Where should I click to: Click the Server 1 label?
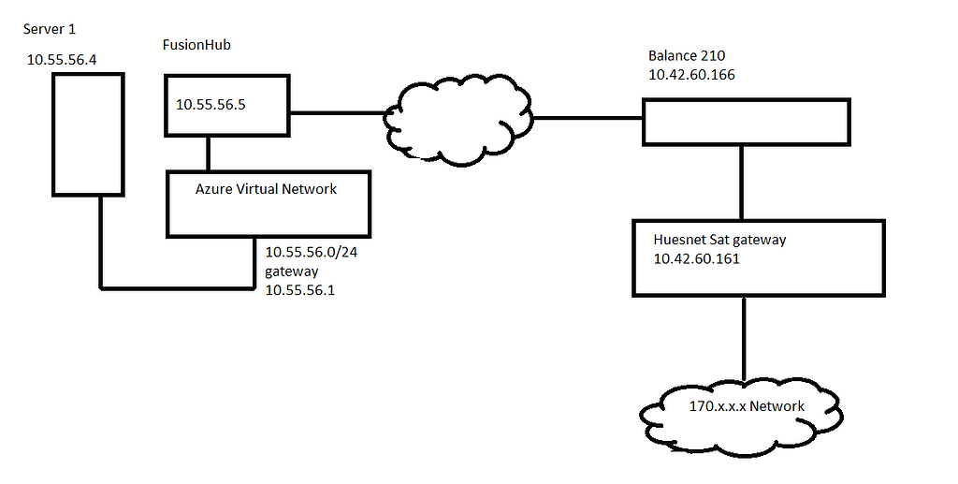(x=51, y=29)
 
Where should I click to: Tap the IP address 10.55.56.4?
(x=62, y=60)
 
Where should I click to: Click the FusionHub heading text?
(x=198, y=45)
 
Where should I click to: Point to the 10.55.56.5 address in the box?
(x=210, y=104)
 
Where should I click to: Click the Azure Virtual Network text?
(x=266, y=188)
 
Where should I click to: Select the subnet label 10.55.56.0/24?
(x=310, y=253)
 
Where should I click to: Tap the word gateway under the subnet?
(x=292, y=271)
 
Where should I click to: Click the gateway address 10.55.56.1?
(x=301, y=290)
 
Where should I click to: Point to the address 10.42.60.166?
(x=691, y=74)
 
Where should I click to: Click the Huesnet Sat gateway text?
(x=719, y=240)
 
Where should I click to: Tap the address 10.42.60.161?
(x=696, y=258)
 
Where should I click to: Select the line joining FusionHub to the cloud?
(x=338, y=114)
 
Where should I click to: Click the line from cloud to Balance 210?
(x=587, y=119)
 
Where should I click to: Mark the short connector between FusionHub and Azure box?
(x=207, y=153)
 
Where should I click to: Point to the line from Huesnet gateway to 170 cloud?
(x=744, y=337)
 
